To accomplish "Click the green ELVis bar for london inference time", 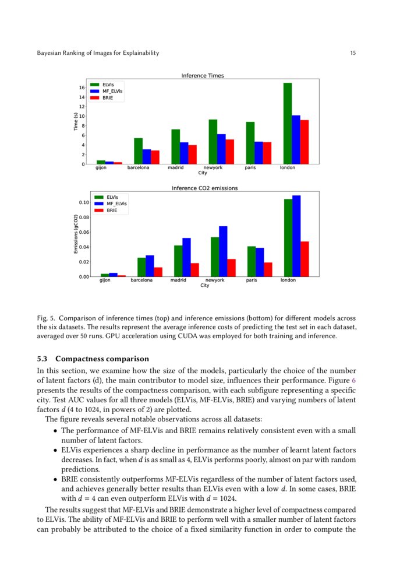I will (x=288, y=124).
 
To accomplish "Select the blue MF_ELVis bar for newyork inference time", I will (x=221, y=149).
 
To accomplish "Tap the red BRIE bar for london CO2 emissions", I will (x=305, y=259).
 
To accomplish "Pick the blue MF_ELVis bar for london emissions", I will (x=296, y=236).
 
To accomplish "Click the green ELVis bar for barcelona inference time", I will (x=138, y=151).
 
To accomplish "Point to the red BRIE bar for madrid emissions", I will (x=194, y=270).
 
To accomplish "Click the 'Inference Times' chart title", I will (x=203, y=76).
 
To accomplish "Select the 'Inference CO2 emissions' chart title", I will (x=204, y=188).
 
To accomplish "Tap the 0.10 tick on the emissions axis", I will (x=83, y=202).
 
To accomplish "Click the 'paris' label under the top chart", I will (x=250, y=168).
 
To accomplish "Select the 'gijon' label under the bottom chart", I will (x=105, y=280).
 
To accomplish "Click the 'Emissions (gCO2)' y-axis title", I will (x=76, y=234).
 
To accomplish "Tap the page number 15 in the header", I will (x=353, y=53).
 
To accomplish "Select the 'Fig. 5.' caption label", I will (x=46, y=318).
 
